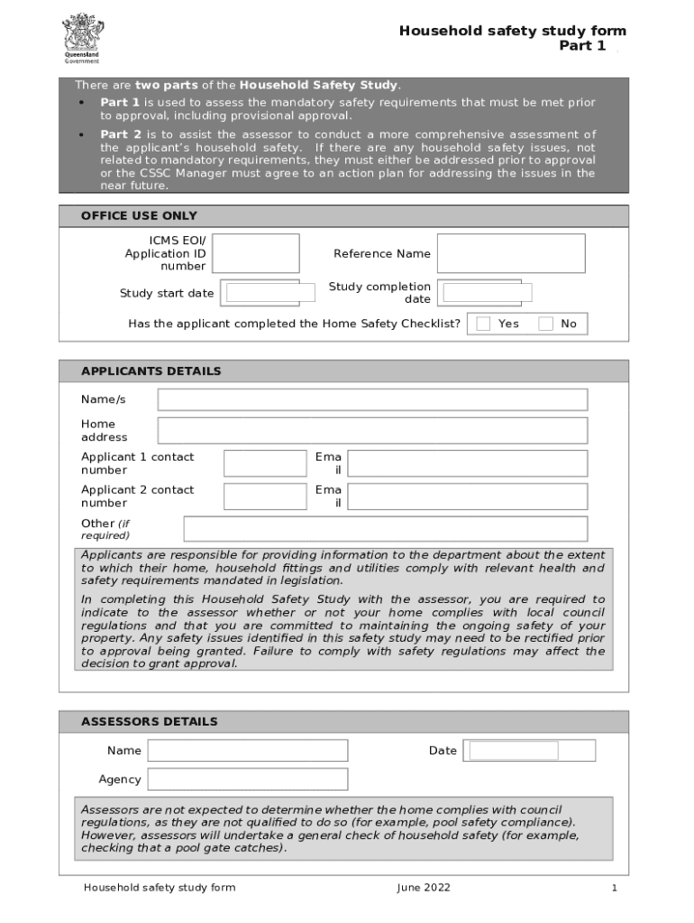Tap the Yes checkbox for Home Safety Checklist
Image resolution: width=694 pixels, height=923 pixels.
pyautogui.click(x=483, y=324)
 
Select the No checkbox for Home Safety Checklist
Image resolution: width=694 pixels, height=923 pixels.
pyautogui.click(x=545, y=324)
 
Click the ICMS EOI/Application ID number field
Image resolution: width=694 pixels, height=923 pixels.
pyautogui.click(x=255, y=253)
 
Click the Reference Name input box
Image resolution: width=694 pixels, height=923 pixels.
pyautogui.click(x=511, y=253)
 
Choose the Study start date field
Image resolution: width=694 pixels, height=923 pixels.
pyautogui.click(x=262, y=293)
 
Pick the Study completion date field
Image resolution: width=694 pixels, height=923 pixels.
pyautogui.click(x=487, y=293)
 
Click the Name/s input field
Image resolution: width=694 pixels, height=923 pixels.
pyautogui.click(x=372, y=399)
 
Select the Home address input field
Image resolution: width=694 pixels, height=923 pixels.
pyautogui.click(x=372, y=431)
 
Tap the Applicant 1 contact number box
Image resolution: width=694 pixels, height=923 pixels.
pyautogui.click(x=265, y=463)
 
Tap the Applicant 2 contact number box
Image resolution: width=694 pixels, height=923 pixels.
pyautogui.click(x=265, y=497)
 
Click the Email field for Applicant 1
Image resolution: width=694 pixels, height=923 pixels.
pyautogui.click(x=467, y=463)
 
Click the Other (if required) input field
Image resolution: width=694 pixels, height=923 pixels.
pyautogui.click(x=385, y=529)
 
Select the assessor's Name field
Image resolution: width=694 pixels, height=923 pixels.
pyautogui.click(x=248, y=751)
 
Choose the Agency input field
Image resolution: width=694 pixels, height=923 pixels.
pyautogui.click(x=248, y=780)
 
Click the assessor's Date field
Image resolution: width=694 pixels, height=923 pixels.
pyautogui.click(x=532, y=751)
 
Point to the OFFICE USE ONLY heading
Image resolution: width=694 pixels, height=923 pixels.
pyautogui.click(x=139, y=216)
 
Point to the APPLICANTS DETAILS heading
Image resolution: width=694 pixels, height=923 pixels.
pyautogui.click(x=151, y=371)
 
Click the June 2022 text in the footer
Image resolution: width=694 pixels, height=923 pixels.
pyautogui.click(x=424, y=888)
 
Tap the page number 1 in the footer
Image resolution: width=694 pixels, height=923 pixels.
pyautogui.click(x=614, y=888)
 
